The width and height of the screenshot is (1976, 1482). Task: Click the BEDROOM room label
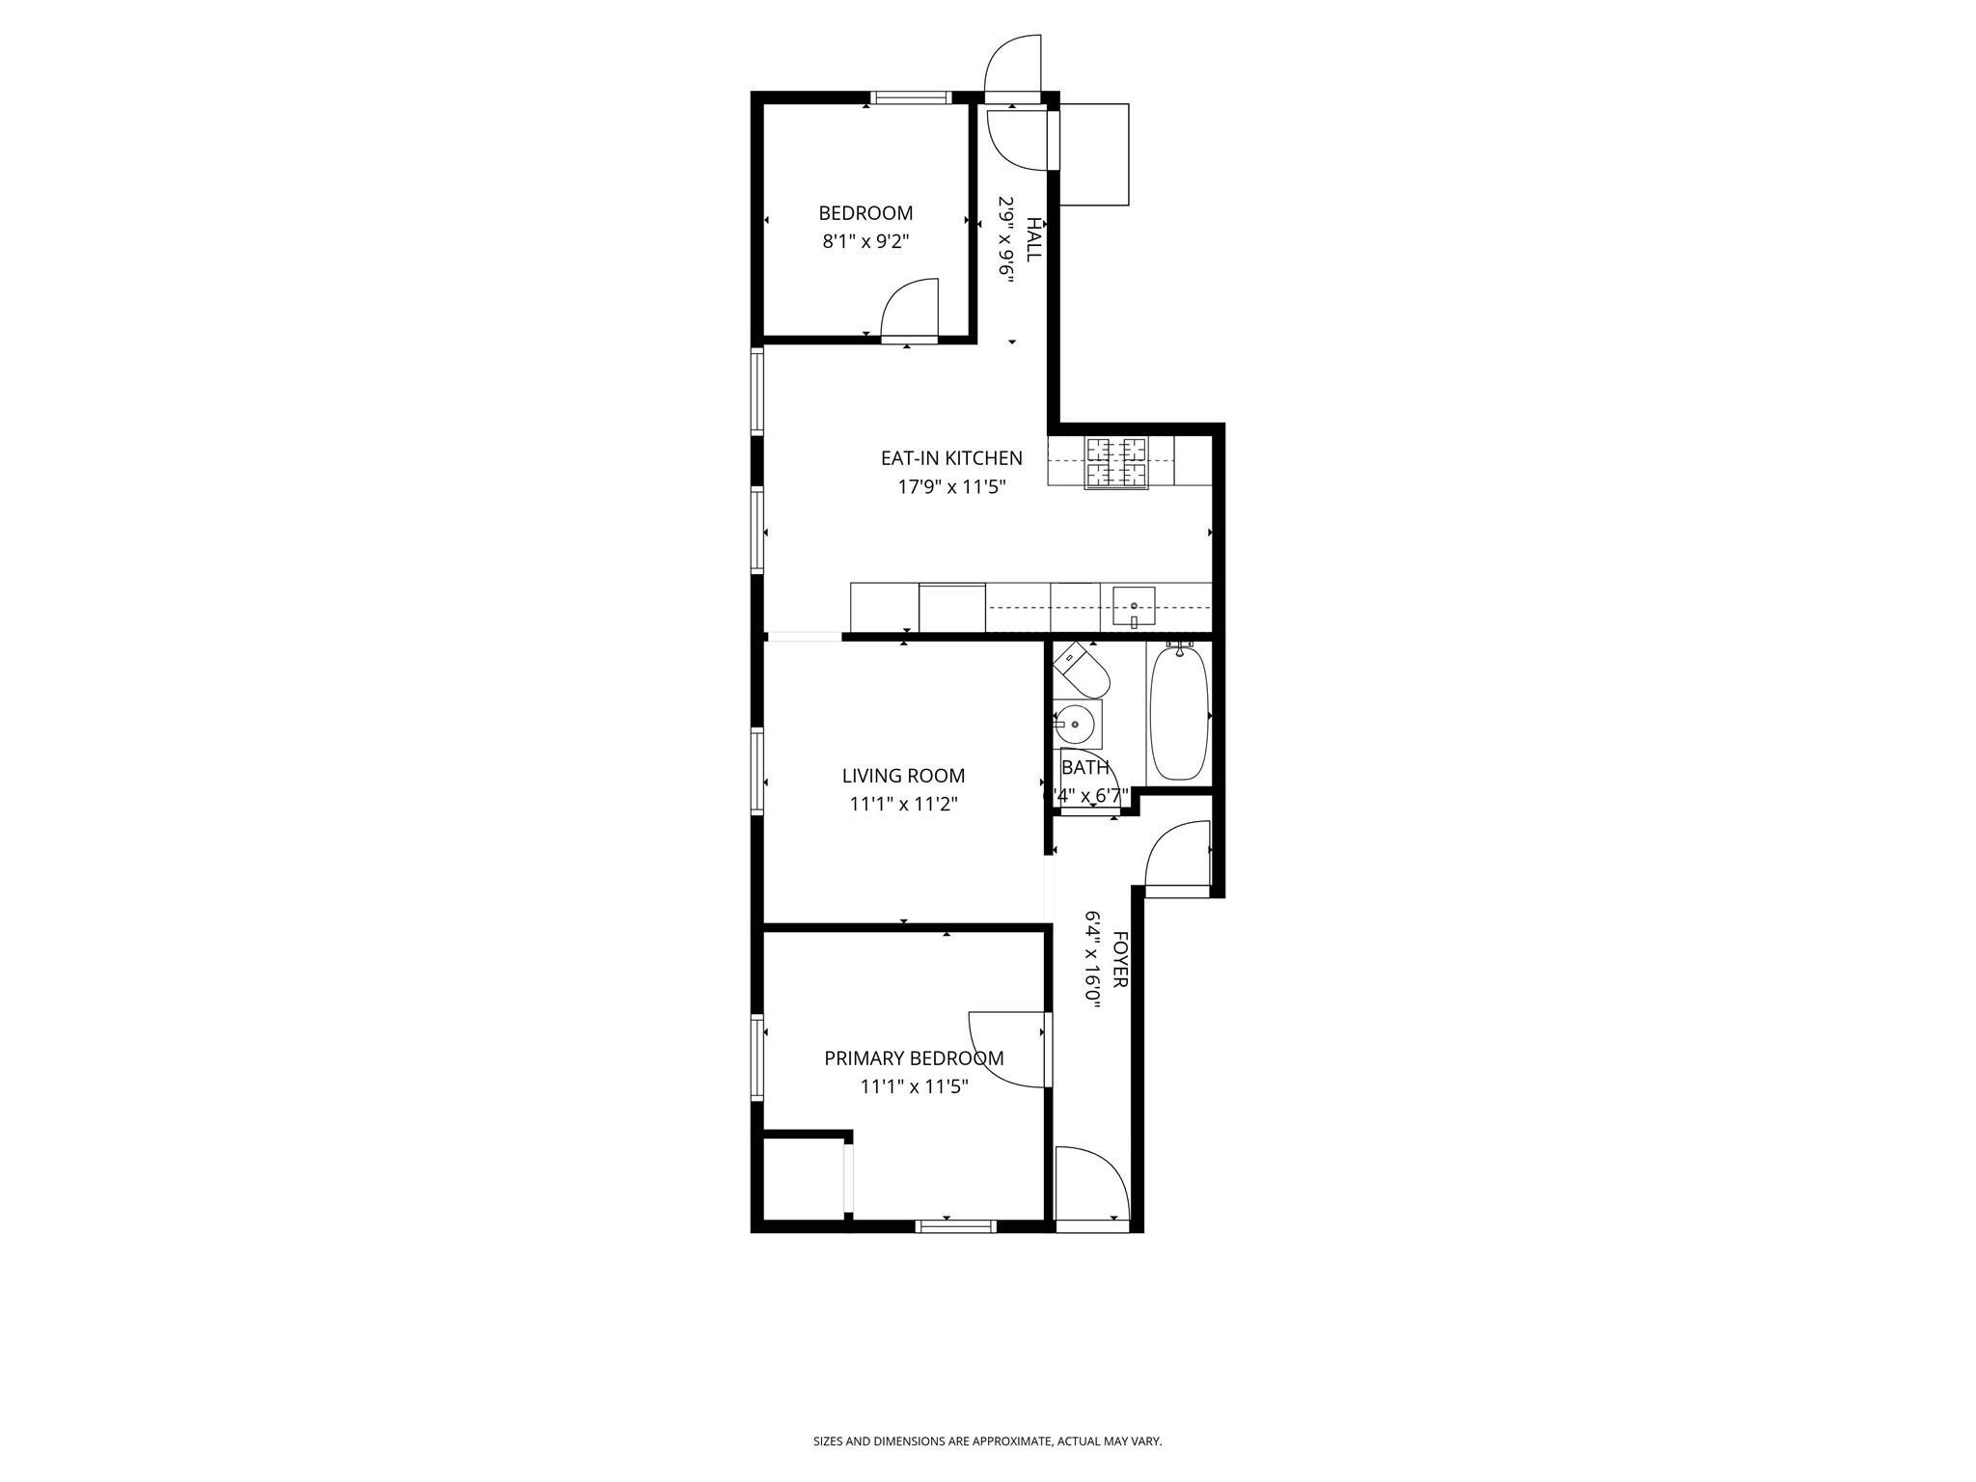[x=865, y=213]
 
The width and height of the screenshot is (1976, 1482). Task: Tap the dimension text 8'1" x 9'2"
[x=865, y=241]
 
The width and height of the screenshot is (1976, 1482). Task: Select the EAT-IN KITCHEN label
[x=951, y=458]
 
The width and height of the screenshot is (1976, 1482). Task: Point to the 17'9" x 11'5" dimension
[x=951, y=487]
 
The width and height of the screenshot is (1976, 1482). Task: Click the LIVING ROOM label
[x=903, y=776]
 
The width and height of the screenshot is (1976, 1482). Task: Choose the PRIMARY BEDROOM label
[x=914, y=1058]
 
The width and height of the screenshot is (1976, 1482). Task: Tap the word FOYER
[x=1120, y=959]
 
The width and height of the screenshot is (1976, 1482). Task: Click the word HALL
[x=1033, y=239]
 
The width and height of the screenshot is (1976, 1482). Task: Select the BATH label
[x=1085, y=768]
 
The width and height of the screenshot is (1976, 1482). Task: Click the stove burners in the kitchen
[x=1116, y=462]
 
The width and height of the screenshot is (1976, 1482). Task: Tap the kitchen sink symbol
[x=1134, y=607]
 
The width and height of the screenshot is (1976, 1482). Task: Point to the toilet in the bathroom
[x=1083, y=672]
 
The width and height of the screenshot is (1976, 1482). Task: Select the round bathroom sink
[x=1074, y=723]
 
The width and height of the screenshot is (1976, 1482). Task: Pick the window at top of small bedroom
[x=912, y=96]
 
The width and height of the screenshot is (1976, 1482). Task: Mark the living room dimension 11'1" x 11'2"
[x=903, y=804]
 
